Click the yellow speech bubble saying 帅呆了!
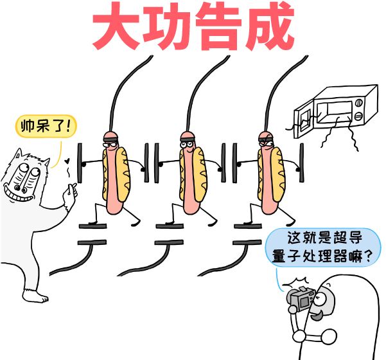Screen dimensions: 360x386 coord(44,125)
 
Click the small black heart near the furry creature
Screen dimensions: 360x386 coord(66,158)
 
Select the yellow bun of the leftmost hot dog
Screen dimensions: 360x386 coord(121,174)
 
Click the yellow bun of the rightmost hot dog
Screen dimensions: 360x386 coord(277,174)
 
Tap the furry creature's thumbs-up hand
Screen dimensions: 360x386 coord(70,192)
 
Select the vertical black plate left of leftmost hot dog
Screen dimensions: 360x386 coord(81,163)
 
